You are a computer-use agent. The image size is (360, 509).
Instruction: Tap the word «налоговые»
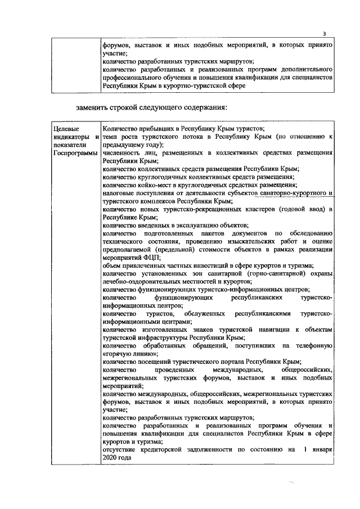click(120, 192)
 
